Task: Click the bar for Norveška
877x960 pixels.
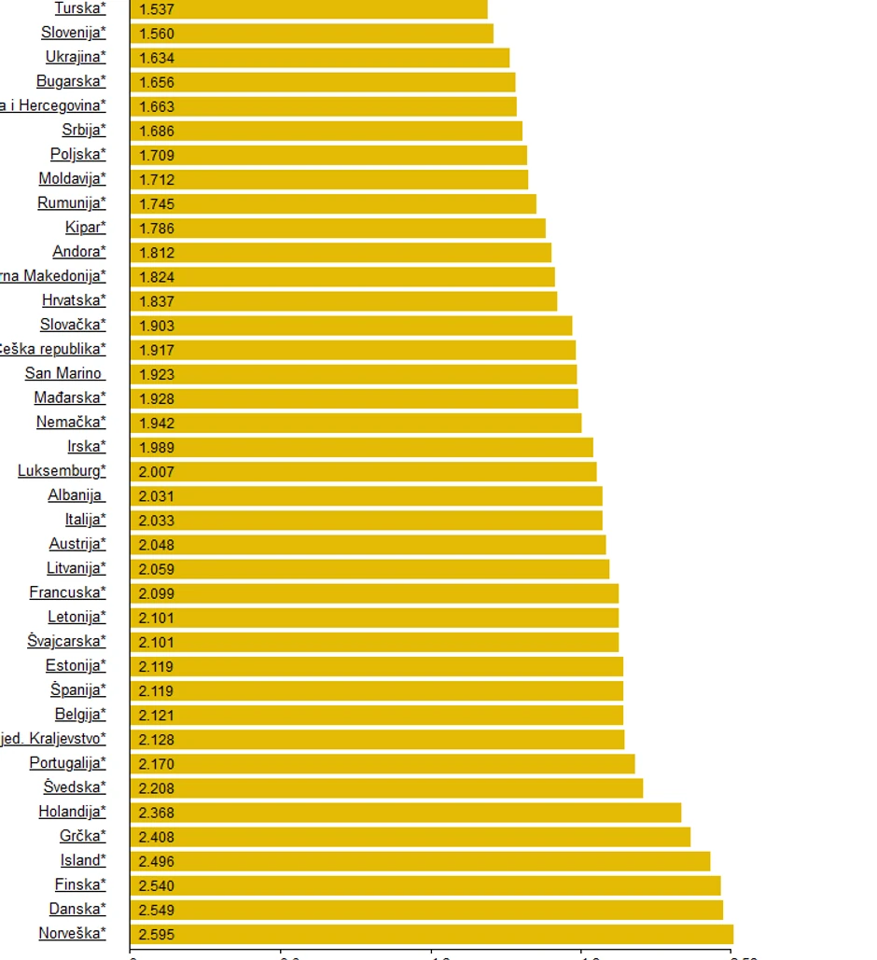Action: point(431,934)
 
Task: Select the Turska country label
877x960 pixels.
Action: point(80,8)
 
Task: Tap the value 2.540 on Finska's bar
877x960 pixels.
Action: point(157,885)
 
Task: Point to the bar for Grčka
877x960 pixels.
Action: point(411,837)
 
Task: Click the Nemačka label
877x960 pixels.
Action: point(71,423)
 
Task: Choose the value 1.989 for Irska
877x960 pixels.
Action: point(157,448)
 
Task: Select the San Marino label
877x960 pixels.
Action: point(63,374)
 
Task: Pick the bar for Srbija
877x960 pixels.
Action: point(327,131)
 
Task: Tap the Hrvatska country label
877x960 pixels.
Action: point(74,300)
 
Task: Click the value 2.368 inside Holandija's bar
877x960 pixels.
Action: point(157,813)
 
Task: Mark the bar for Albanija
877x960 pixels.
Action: point(366,496)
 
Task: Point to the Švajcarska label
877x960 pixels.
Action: point(66,642)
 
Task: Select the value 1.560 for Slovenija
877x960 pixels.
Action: point(157,34)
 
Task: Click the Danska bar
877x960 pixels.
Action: point(426,910)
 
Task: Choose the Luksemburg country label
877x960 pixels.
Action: point(62,471)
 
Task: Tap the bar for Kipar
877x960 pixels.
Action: point(338,229)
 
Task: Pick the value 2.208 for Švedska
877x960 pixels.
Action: point(157,788)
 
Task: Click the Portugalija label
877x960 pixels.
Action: point(67,763)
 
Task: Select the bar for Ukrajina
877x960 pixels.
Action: point(320,58)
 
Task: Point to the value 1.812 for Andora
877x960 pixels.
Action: point(157,253)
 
